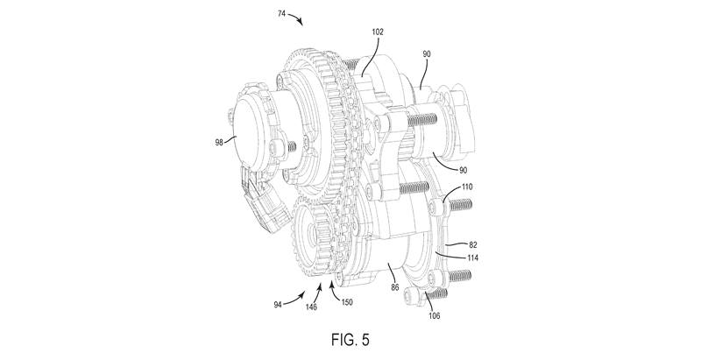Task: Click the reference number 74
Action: tap(281, 14)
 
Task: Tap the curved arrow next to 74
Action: tap(296, 18)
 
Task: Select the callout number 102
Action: tap(378, 32)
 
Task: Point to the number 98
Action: tap(219, 143)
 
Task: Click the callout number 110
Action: tap(467, 187)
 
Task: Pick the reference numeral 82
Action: tap(472, 244)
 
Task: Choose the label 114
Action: tap(472, 258)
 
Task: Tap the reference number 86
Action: tap(395, 287)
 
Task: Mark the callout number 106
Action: tap(434, 316)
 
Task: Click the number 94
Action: tap(278, 306)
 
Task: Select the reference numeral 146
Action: tap(311, 307)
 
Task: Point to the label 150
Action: tap(346, 302)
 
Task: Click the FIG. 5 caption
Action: tap(350, 340)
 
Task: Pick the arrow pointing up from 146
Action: tap(318, 293)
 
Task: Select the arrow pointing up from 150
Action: tap(334, 289)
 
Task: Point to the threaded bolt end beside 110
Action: tap(460, 205)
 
